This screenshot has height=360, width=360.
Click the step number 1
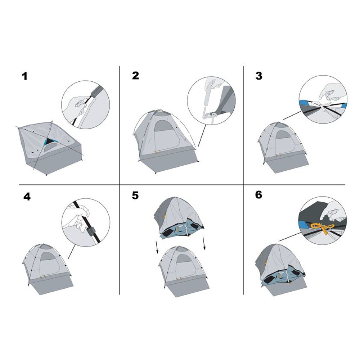point(24,76)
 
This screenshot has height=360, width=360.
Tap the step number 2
point(135,76)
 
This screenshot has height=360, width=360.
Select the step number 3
point(259,76)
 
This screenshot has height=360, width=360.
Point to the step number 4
point(27,197)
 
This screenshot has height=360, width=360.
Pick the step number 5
point(135,195)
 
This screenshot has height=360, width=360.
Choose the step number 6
point(258,195)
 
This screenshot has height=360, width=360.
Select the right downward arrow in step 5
point(204,244)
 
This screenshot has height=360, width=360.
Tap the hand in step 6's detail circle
point(333,211)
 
